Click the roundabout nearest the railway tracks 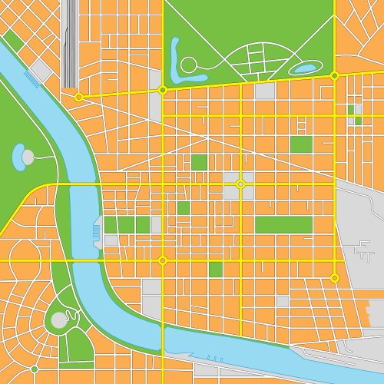tap(78, 97)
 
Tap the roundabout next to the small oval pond tap(334, 75)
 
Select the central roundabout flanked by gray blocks tap(240, 184)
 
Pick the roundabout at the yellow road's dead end tap(334, 277)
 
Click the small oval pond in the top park tap(305, 68)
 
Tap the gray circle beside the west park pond tap(28, 157)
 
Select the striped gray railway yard tap(71, 42)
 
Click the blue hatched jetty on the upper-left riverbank tap(32, 78)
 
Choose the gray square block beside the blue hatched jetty tap(41, 70)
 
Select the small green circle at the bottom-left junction tap(34, 369)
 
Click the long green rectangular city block tap(283, 224)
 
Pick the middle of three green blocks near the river tap(127, 224)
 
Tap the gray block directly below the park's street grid tap(265, 91)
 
